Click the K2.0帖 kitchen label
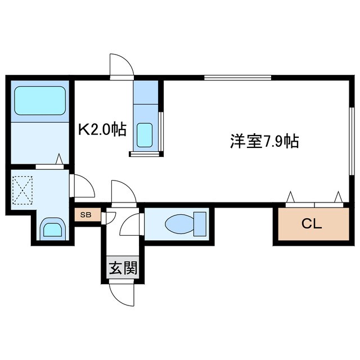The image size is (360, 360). click(x=102, y=130)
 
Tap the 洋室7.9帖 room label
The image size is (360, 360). click(x=264, y=141)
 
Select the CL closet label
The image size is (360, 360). click(x=311, y=223)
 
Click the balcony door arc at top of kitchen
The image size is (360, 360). click(x=121, y=65)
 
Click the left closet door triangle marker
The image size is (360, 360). click(x=291, y=196)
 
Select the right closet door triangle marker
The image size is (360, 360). click(x=338, y=196)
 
